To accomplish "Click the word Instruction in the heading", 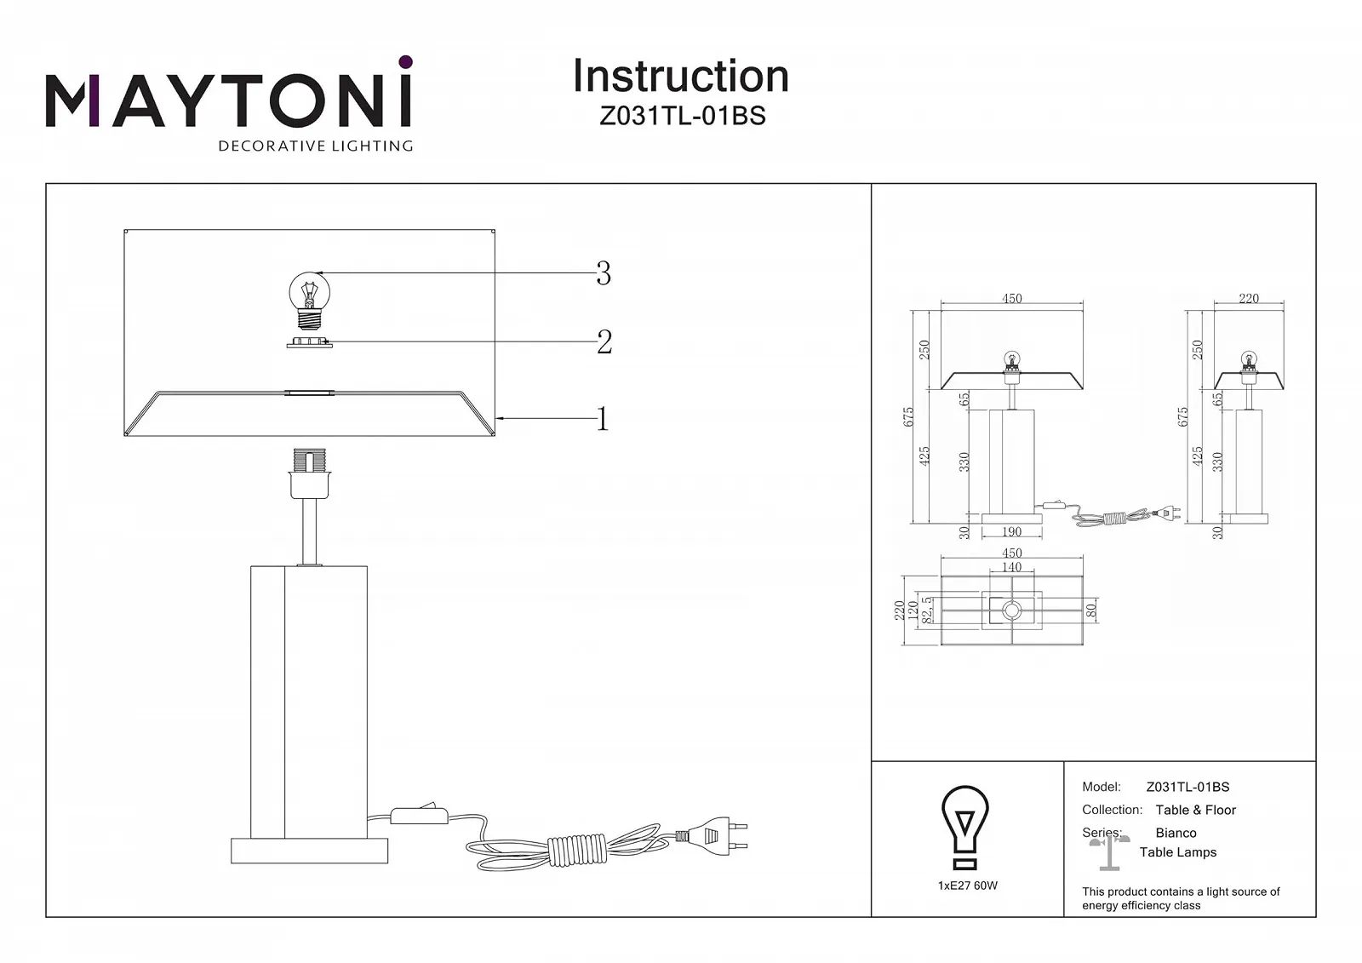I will (x=680, y=77).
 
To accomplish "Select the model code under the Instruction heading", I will (x=682, y=117).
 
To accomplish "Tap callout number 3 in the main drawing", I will (x=604, y=273).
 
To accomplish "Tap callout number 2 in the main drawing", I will (x=604, y=342).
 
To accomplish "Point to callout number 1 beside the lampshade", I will (x=603, y=419).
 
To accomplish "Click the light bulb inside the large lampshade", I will (x=310, y=301).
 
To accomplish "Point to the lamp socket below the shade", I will (x=309, y=474).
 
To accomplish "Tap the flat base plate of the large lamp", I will (x=309, y=851).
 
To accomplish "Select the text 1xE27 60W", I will (x=967, y=886).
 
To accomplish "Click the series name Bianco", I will (x=1176, y=833).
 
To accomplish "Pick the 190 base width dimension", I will (x=1011, y=532).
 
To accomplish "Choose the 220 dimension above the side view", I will (x=1248, y=299).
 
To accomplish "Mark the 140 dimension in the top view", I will (x=1011, y=567).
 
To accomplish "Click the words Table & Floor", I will (x=1195, y=810).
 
